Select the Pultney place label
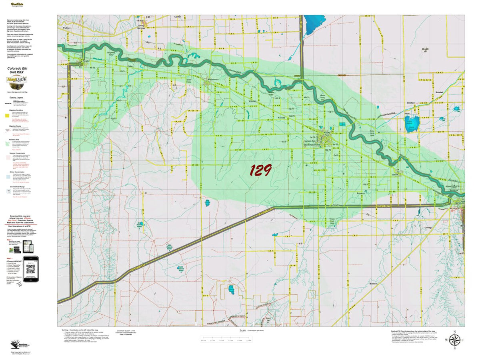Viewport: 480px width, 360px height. pyautogui.click(x=66, y=28)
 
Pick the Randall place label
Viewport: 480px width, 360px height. pyautogui.click(x=440, y=92)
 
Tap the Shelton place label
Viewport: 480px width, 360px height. pyautogui.click(x=411, y=103)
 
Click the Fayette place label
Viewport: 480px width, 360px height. pyautogui.click(x=282, y=118)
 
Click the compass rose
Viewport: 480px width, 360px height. pyautogui.click(x=454, y=340)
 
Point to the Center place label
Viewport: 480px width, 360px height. pyautogui.click(x=178, y=17)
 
